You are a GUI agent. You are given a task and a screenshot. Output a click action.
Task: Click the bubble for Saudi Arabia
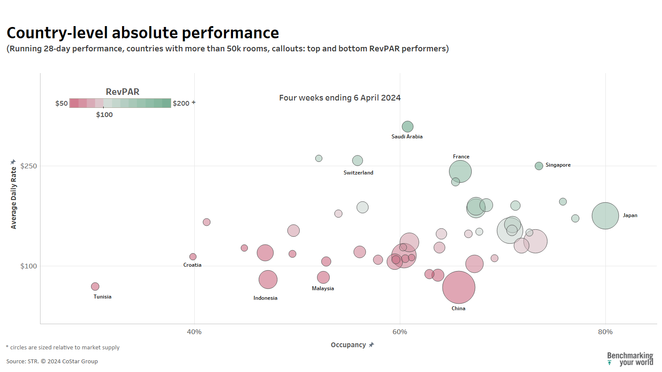click(407, 127)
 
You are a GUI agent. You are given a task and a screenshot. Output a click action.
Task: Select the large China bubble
click(459, 287)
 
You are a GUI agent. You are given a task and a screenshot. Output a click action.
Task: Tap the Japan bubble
click(605, 216)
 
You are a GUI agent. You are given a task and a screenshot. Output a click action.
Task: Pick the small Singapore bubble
click(539, 166)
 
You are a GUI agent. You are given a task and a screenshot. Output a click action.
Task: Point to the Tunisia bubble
click(95, 286)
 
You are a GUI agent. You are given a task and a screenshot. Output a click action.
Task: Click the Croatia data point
click(193, 257)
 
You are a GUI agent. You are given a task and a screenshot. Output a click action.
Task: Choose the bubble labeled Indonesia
click(268, 279)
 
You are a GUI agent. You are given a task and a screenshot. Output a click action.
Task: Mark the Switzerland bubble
click(357, 161)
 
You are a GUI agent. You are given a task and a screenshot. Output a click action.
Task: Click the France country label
click(461, 157)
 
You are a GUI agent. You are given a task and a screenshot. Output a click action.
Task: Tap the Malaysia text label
click(323, 288)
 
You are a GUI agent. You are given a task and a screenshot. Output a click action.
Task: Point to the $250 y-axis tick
click(29, 166)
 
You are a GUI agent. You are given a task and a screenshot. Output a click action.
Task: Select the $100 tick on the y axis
click(29, 266)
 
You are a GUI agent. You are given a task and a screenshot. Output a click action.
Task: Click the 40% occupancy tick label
click(194, 332)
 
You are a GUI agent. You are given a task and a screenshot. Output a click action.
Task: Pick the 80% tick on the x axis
click(605, 332)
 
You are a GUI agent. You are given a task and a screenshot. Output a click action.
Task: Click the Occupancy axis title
click(348, 345)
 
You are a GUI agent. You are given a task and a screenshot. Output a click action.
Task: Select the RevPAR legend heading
click(122, 92)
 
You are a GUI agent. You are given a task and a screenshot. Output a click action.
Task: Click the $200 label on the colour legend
click(181, 104)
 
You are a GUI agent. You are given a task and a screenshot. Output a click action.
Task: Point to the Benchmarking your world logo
click(630, 359)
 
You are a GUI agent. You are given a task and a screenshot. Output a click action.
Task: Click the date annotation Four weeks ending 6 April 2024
click(340, 98)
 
